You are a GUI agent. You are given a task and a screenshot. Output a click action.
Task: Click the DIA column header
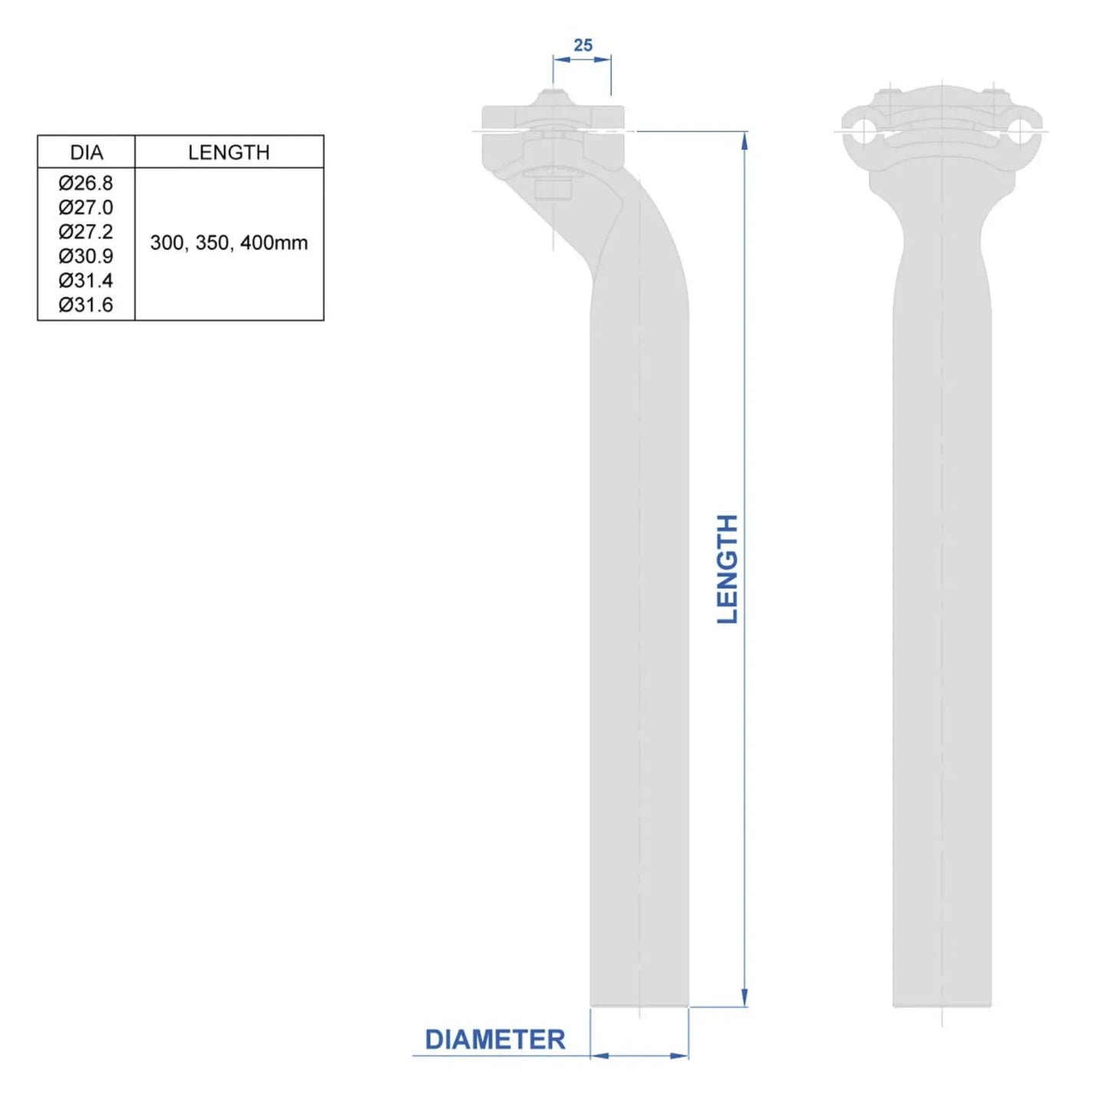(x=86, y=152)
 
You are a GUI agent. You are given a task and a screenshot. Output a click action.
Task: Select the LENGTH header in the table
(x=229, y=152)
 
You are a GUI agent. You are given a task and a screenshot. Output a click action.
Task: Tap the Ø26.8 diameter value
(x=86, y=183)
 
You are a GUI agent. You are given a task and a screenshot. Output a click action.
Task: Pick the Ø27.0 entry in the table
(x=86, y=207)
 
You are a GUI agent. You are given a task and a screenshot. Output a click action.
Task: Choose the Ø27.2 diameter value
(x=86, y=232)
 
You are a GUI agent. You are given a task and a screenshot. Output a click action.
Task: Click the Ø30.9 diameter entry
(x=86, y=256)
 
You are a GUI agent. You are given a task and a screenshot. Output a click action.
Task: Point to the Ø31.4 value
(x=86, y=281)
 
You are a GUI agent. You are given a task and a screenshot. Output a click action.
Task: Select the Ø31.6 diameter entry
(x=86, y=305)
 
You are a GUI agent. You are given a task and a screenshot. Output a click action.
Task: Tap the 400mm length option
(x=274, y=243)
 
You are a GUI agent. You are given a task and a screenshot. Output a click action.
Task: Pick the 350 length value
(x=213, y=243)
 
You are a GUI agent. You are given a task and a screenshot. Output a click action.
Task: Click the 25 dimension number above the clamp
(x=583, y=46)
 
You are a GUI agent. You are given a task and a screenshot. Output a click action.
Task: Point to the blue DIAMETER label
(x=495, y=1040)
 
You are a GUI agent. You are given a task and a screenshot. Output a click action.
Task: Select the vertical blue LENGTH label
(x=727, y=569)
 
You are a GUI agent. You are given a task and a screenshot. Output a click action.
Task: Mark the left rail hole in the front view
(x=863, y=130)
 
